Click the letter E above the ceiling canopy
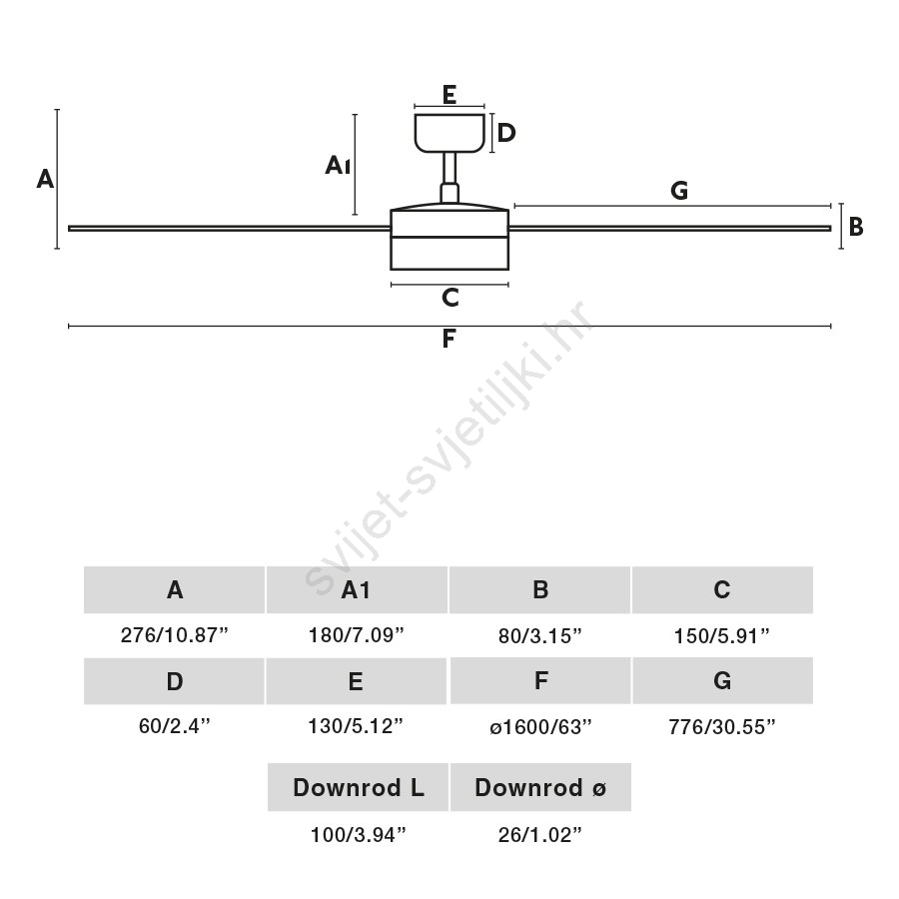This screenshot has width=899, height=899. click(x=449, y=95)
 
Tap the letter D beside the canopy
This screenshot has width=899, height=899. click(x=506, y=133)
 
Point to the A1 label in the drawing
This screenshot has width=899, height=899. click(x=338, y=165)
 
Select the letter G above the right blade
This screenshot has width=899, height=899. click(x=679, y=191)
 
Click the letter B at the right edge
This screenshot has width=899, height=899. click(x=856, y=227)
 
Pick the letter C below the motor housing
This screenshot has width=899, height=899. click(x=450, y=298)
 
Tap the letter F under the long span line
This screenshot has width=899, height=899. click(x=449, y=339)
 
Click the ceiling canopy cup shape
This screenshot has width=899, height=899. click(x=449, y=133)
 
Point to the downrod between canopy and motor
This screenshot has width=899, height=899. click(x=449, y=177)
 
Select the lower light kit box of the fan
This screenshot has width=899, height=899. click(x=449, y=254)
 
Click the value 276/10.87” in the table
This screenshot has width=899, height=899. click(x=174, y=635)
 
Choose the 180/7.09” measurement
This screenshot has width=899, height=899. click(x=356, y=635)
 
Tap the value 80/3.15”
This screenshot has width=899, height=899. click(x=540, y=636)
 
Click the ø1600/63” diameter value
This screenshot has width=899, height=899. click(x=540, y=727)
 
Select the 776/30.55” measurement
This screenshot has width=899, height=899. click(x=722, y=727)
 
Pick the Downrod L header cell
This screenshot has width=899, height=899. click(x=358, y=787)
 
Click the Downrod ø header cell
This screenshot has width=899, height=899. click(x=540, y=787)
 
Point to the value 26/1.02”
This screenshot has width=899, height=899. click(x=540, y=835)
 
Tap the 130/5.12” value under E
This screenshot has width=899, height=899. click(x=356, y=726)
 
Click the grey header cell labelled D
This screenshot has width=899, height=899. click(x=174, y=681)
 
